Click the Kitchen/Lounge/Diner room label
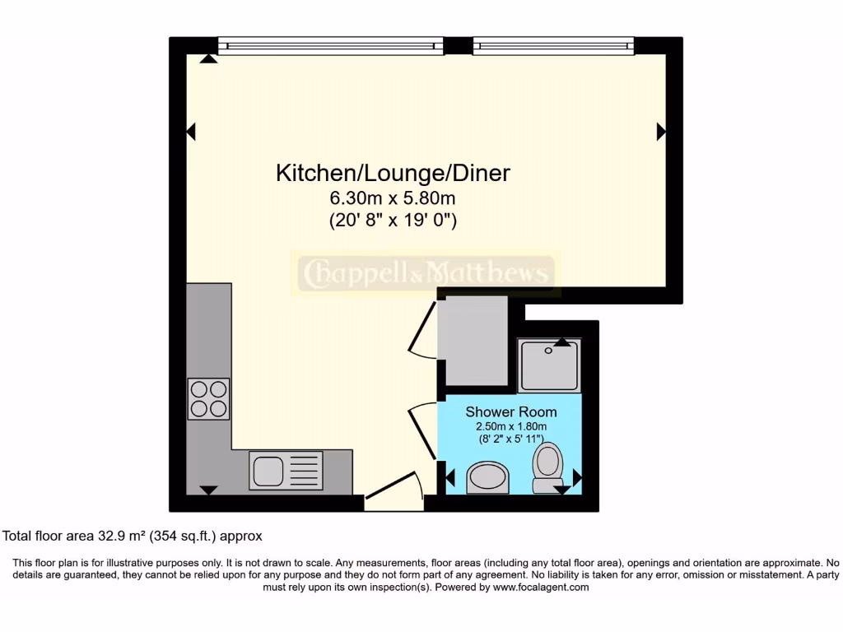click(x=393, y=174)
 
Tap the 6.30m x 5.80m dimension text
click(x=393, y=198)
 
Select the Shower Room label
click(x=510, y=411)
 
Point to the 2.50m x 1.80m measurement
click(x=510, y=426)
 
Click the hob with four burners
click(x=208, y=398)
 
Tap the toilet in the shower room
click(x=547, y=467)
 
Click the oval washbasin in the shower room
click(x=487, y=477)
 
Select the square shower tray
click(x=549, y=365)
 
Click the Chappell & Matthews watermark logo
click(x=426, y=274)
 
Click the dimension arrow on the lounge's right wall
click(x=661, y=131)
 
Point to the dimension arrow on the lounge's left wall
click(x=191, y=131)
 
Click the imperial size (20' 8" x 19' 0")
click(x=393, y=220)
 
